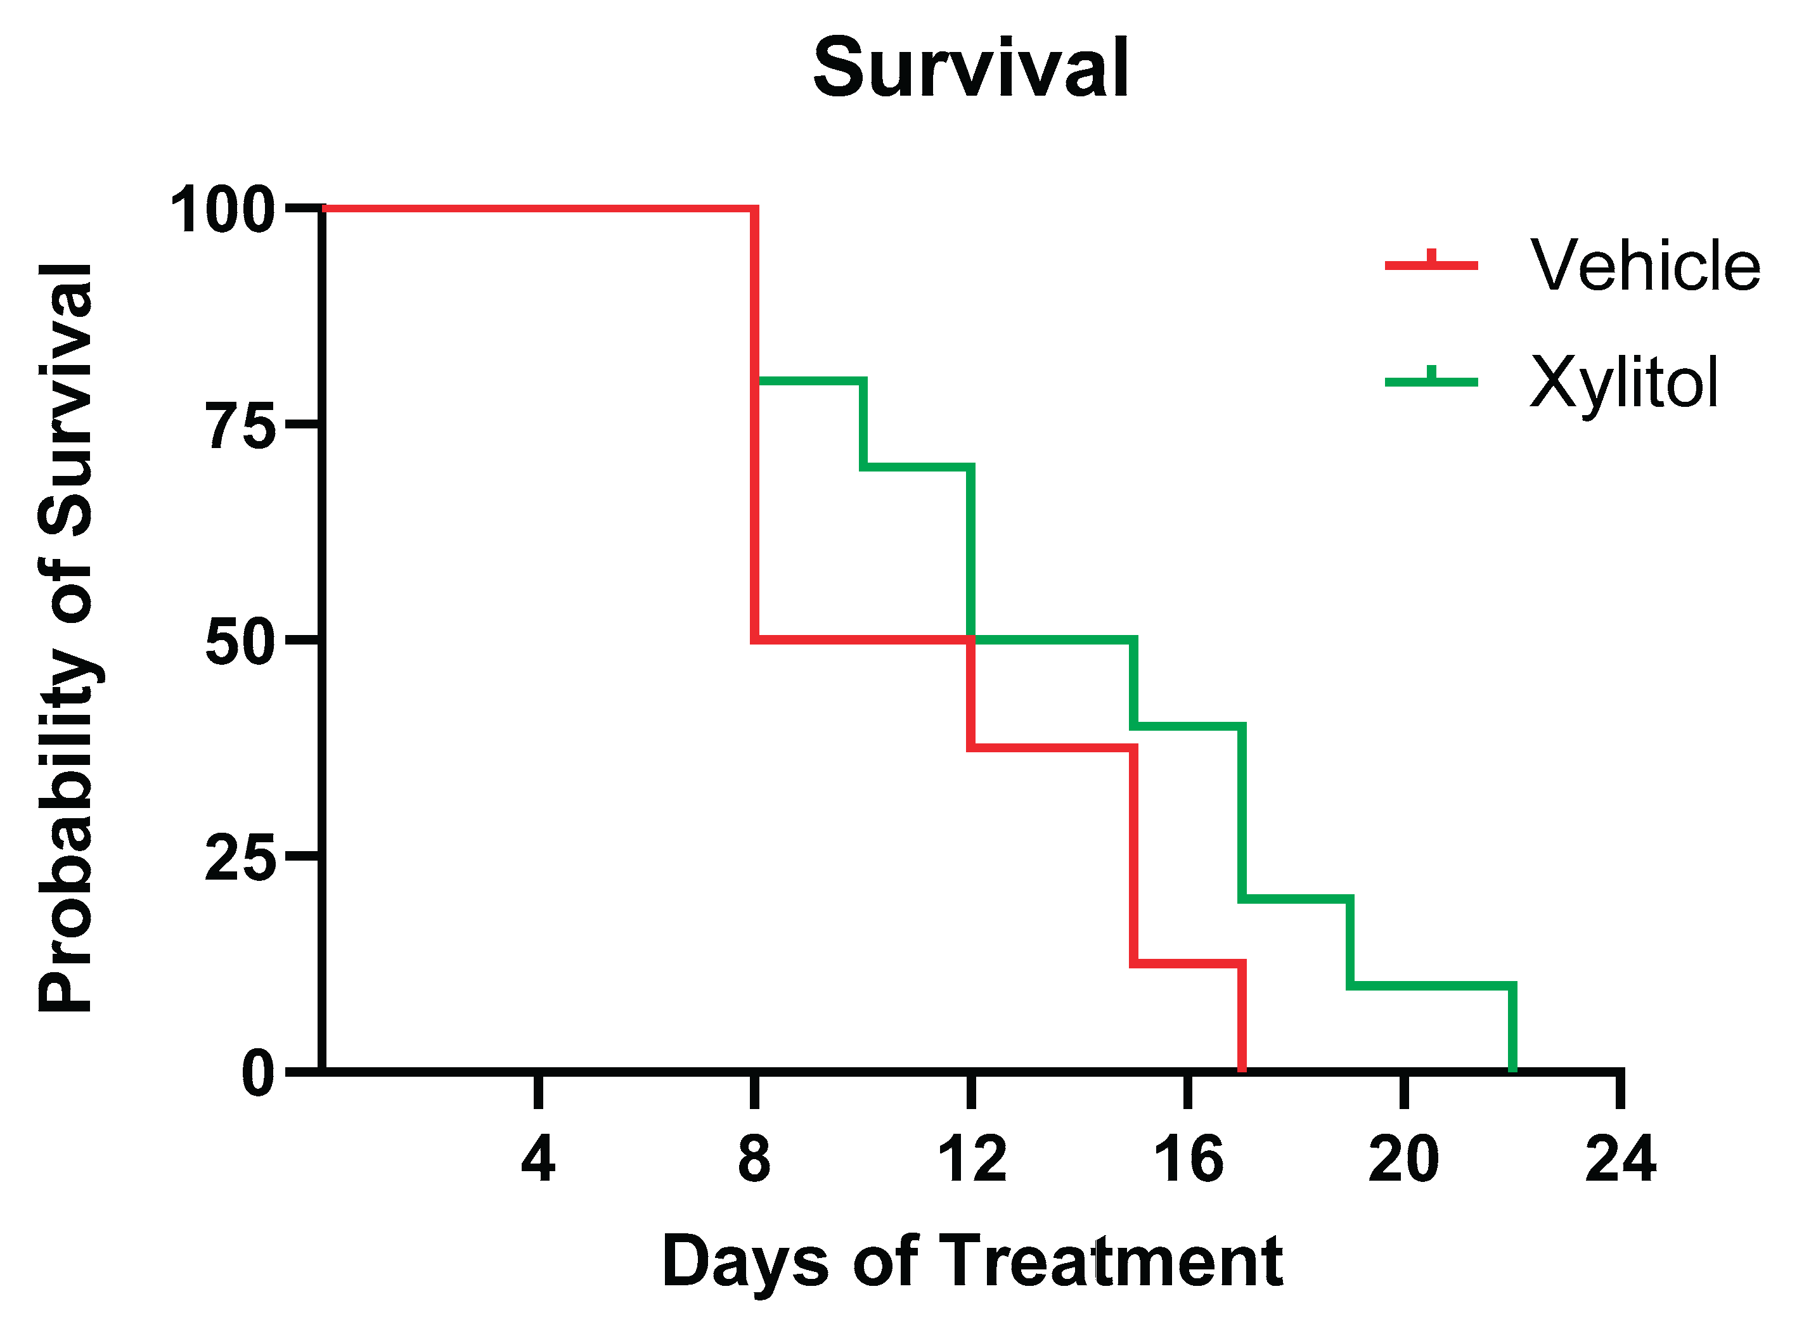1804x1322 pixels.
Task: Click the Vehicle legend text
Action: [x=1645, y=266]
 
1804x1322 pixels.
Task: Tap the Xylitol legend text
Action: [x=1624, y=383]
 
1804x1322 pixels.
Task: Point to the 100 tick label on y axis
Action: [x=222, y=210]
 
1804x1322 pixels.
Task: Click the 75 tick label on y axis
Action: [x=242, y=426]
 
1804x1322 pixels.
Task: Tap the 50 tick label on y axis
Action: [x=241, y=641]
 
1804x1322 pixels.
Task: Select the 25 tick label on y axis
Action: [x=241, y=857]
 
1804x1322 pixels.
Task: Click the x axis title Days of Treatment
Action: [x=972, y=1261]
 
